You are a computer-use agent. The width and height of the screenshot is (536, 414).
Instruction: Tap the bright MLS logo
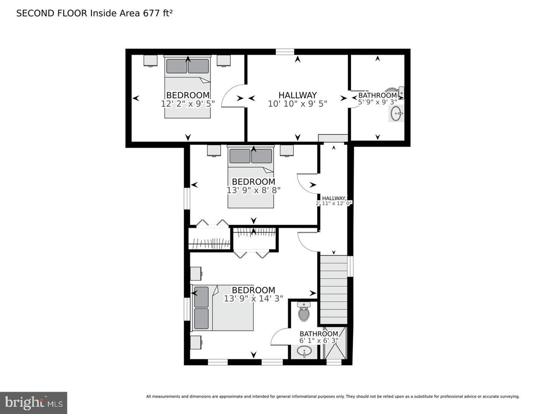(34, 402)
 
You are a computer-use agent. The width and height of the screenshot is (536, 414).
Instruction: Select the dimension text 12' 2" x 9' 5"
(187, 103)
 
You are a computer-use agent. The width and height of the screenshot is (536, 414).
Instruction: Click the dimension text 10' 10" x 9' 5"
(297, 103)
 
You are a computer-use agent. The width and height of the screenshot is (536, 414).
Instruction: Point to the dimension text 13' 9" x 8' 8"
(253, 190)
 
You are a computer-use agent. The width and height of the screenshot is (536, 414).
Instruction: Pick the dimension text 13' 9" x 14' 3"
(253, 298)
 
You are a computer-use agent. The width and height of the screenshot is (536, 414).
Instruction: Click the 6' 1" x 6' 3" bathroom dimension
(319, 340)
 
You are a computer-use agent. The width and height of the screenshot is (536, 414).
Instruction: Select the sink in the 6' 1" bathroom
(304, 351)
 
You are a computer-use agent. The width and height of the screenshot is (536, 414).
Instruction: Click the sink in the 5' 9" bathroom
(396, 113)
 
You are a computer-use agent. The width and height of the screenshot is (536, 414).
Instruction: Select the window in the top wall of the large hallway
(285, 52)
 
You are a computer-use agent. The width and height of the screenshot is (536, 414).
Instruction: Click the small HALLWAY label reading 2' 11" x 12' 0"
(334, 200)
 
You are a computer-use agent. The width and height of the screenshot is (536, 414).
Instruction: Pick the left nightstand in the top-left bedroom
(150, 61)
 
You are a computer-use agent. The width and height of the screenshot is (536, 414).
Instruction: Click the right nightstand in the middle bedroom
(286, 150)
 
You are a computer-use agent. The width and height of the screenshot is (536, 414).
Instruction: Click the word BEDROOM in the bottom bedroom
(253, 290)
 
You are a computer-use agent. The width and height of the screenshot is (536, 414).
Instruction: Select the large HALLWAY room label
(298, 95)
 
